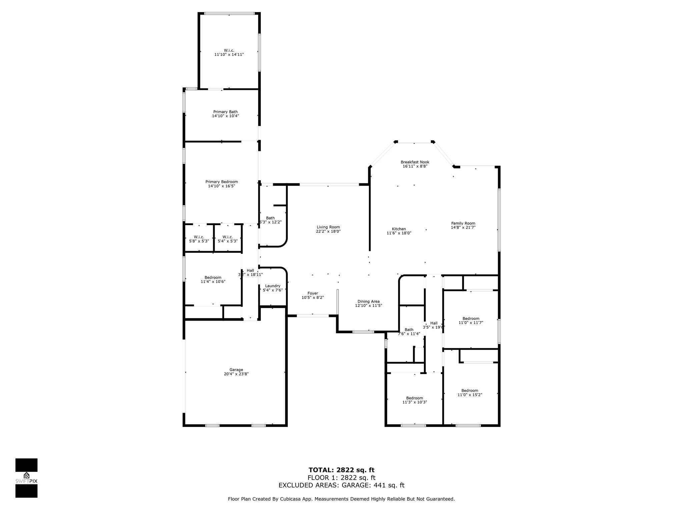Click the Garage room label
point(236,370)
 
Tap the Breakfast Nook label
point(415,162)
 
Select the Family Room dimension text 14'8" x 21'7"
point(463,227)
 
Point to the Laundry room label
point(272,286)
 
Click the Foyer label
point(312,293)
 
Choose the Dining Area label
point(368,301)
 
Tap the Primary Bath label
point(225,112)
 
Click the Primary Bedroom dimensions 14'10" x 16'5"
point(221,186)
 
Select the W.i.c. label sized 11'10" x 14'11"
point(229,50)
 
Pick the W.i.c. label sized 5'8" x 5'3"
point(199,237)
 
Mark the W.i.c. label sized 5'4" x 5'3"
point(227,237)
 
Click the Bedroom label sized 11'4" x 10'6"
point(213,278)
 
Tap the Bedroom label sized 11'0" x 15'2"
point(470,390)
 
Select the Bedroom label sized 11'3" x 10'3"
point(414,398)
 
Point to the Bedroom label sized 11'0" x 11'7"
point(471,318)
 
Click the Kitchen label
point(399,229)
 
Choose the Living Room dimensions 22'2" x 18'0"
point(328,231)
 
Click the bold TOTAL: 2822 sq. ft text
point(341,470)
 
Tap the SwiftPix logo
point(26,478)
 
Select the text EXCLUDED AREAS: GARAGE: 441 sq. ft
point(341,485)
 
